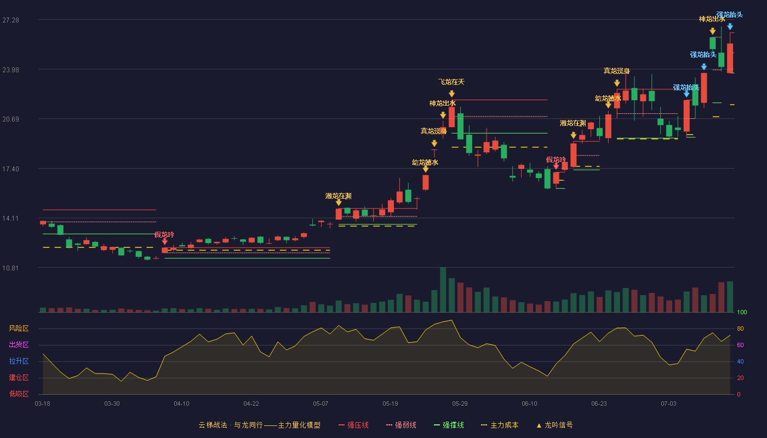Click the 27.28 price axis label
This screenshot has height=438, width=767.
point(10,20)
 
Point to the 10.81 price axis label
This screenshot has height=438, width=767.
point(10,268)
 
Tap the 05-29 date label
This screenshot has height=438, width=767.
point(460,404)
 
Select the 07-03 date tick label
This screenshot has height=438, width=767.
point(668,404)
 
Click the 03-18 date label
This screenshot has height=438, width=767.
point(43,404)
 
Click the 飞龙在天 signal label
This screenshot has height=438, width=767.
point(451,82)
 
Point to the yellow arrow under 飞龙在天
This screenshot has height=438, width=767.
point(451,94)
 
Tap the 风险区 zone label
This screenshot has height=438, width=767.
point(19,328)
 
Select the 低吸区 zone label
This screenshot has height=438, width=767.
point(19,394)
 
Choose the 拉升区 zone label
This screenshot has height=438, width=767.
point(19,361)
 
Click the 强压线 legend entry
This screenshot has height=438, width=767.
point(353,425)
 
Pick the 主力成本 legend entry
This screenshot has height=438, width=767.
point(500,425)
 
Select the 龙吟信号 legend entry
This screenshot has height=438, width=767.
point(554,425)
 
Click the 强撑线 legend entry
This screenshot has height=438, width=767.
point(449,425)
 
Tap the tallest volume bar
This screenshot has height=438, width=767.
point(443,290)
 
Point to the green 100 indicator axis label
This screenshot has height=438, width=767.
point(742,312)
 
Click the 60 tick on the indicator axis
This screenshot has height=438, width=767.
point(740,345)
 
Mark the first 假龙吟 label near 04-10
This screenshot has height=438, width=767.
point(164,235)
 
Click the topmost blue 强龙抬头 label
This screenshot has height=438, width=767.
point(729,15)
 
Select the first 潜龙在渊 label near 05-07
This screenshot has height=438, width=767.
point(339,196)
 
